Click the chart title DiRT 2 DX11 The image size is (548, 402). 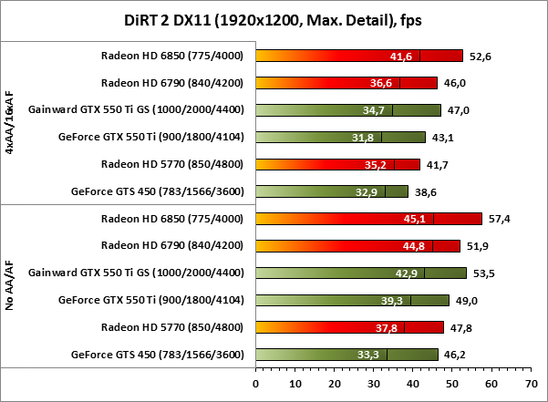pos(274,18)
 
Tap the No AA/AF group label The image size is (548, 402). pos(10,285)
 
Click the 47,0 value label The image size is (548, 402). pos(457,110)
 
